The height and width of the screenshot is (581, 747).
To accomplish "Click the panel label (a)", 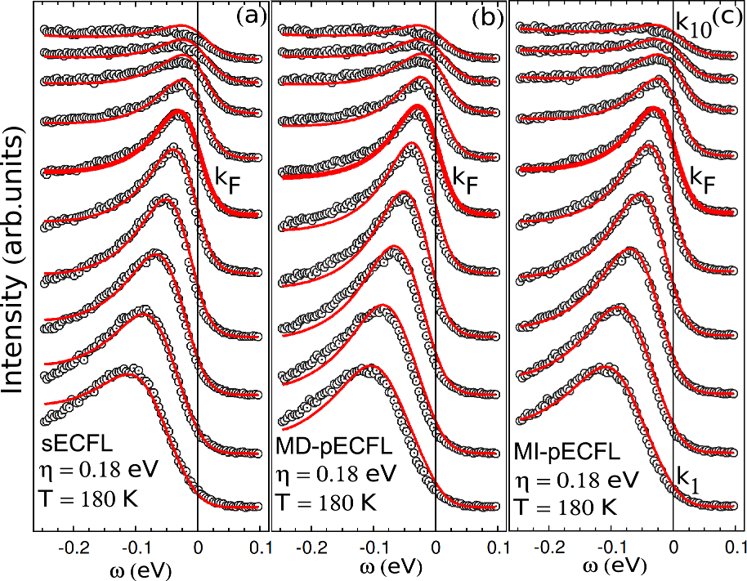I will (250, 16).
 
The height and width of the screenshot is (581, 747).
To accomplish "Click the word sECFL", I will (73, 445).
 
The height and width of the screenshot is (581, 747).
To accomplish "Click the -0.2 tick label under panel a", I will (74, 545).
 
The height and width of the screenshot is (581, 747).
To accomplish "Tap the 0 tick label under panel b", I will (435, 545).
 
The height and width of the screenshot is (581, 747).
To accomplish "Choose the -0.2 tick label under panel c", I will (549, 545).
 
